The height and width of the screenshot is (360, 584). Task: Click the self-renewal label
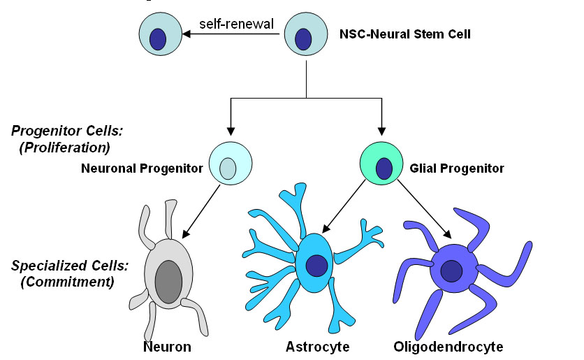click(237, 24)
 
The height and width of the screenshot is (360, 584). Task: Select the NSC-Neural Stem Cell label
click(405, 34)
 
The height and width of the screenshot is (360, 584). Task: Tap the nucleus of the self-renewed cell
click(158, 39)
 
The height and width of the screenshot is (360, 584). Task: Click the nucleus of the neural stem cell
click(303, 39)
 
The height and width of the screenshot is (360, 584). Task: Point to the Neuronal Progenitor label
click(142, 168)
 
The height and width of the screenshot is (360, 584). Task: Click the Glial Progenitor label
click(457, 168)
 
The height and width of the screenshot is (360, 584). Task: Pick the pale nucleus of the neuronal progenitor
click(228, 168)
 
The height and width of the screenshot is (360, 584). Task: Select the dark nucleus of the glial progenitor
click(384, 168)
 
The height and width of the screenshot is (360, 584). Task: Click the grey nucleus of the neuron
click(169, 282)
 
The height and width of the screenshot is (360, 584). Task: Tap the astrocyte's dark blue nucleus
click(316, 266)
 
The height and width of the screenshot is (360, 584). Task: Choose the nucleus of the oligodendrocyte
click(451, 271)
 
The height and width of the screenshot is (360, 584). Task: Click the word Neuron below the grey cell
click(167, 347)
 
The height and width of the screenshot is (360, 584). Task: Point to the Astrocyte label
click(317, 347)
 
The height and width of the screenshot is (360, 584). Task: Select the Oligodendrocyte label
click(448, 347)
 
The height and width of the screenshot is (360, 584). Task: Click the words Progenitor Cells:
click(67, 131)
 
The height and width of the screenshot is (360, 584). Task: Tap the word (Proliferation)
click(65, 147)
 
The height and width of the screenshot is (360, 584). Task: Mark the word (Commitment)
click(68, 282)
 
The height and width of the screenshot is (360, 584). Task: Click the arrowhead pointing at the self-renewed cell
click(187, 34)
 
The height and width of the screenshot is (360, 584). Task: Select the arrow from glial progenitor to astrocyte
click(344, 206)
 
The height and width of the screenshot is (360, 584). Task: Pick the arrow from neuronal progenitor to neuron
click(201, 212)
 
